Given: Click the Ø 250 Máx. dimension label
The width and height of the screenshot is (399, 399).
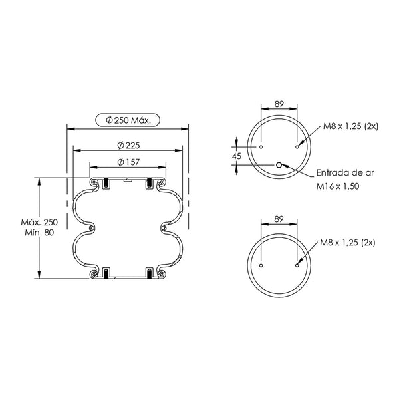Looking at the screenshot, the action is [x=128, y=120].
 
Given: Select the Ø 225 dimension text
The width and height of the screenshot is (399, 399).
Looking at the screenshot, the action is [x=129, y=145].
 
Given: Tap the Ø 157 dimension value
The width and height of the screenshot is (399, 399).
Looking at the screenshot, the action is [x=128, y=162].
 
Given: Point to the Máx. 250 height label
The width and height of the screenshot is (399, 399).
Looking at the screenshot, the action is [x=39, y=222].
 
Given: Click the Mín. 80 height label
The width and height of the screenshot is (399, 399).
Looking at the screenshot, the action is [x=39, y=233].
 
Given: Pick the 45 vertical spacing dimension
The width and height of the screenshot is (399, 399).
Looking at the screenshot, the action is [x=237, y=156].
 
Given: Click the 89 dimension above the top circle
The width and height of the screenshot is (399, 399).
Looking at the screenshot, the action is [x=279, y=104].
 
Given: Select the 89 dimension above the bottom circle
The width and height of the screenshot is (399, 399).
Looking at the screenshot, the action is [x=279, y=219].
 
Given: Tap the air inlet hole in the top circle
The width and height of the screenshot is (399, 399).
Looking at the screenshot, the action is [x=279, y=165].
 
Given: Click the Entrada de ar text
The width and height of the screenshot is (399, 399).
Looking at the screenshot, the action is [x=345, y=173].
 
